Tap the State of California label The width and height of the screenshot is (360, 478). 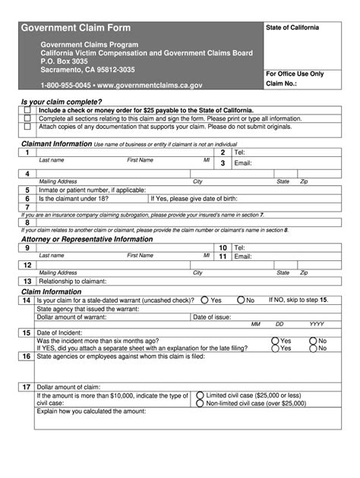click(x=292, y=28)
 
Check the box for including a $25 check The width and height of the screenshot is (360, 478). click(x=27, y=110)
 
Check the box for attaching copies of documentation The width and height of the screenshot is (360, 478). click(x=27, y=127)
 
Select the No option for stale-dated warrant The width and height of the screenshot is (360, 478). click(x=242, y=300)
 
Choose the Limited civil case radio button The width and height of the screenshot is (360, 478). click(x=200, y=395)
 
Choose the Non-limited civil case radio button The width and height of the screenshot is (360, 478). click(x=200, y=404)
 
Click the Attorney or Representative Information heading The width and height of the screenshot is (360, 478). click(x=87, y=239)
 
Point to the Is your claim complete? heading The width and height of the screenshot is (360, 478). click(x=62, y=102)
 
